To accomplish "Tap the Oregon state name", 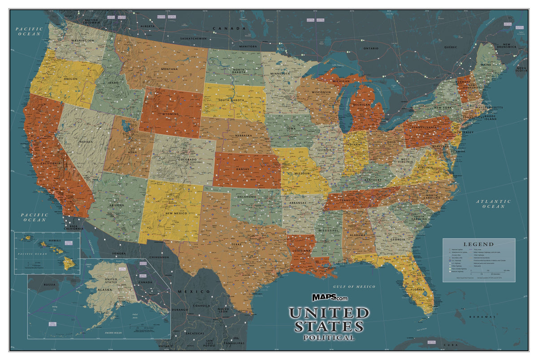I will click(x=70, y=79).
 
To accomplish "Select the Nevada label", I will click(x=86, y=142).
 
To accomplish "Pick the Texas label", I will click(x=235, y=245).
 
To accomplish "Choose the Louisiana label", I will click(x=301, y=251).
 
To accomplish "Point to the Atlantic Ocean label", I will click(x=494, y=204).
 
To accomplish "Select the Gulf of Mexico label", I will click(x=354, y=286).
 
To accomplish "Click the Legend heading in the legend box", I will click(x=478, y=244).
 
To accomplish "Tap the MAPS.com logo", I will click(x=330, y=297).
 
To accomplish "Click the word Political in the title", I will click(x=328, y=338).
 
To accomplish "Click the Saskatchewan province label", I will click(x=193, y=39).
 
